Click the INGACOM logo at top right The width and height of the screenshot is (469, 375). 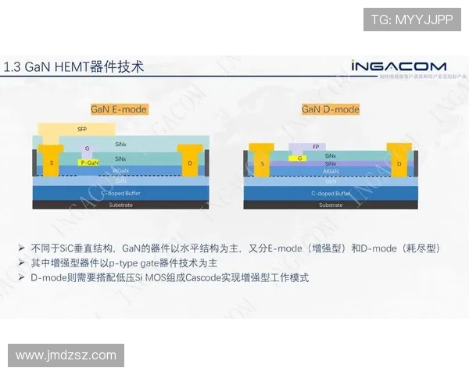(x=398, y=66)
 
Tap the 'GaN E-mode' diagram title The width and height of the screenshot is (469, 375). (x=119, y=109)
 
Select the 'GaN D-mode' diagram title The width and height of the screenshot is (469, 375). (x=331, y=109)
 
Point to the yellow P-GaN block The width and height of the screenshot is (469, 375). (x=90, y=162)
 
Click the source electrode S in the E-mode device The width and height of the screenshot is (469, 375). (x=52, y=162)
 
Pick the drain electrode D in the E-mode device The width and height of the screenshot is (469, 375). (x=190, y=162)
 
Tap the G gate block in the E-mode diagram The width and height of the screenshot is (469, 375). (x=88, y=148)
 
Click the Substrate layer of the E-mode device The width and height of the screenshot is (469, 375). (x=120, y=205)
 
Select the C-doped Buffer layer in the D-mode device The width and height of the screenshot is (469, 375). (x=331, y=193)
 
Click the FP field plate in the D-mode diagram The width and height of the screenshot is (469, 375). (x=316, y=146)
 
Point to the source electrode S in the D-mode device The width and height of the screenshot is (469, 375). (x=263, y=163)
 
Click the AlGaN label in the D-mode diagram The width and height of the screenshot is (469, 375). (x=331, y=170)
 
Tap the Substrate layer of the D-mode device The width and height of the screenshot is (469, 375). (x=331, y=205)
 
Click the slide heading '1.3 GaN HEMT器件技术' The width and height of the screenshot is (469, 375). (x=74, y=67)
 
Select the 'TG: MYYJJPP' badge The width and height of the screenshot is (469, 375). (x=411, y=20)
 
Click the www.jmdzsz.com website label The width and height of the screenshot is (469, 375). (x=66, y=355)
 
